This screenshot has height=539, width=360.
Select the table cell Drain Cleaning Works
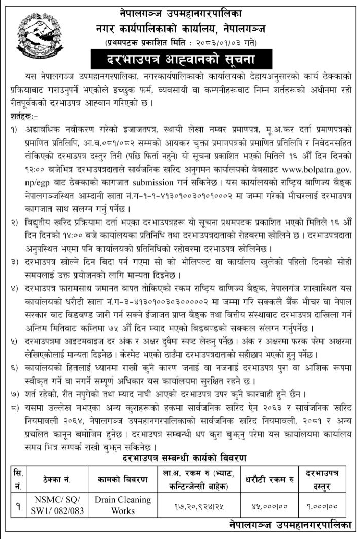click(123, 504)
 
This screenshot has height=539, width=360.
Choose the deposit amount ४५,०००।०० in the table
click(270, 505)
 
